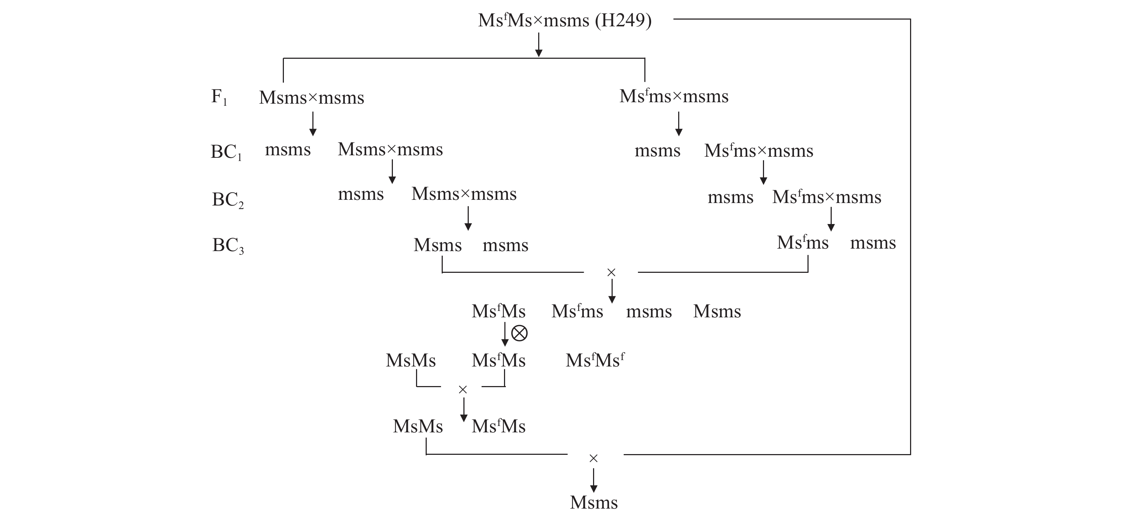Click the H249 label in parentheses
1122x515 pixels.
[623, 20]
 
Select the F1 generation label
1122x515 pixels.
[219, 97]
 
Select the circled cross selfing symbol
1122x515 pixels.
[519, 333]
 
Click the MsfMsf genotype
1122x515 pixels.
[595, 360]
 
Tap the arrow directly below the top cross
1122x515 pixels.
[539, 45]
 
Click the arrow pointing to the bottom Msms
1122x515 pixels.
[593, 480]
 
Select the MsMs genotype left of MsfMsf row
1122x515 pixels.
[411, 360]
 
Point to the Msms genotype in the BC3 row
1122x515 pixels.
[437, 245]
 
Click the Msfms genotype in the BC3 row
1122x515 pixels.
[803, 243]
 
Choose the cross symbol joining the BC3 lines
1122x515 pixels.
[611, 272]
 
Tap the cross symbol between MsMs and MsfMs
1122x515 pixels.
[463, 390]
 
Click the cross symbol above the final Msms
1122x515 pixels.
[593, 458]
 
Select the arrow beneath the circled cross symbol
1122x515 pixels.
[505, 335]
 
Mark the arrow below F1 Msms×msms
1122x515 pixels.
[312, 124]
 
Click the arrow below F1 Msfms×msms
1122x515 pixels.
[678, 124]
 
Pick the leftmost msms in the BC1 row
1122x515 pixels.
[288, 150]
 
